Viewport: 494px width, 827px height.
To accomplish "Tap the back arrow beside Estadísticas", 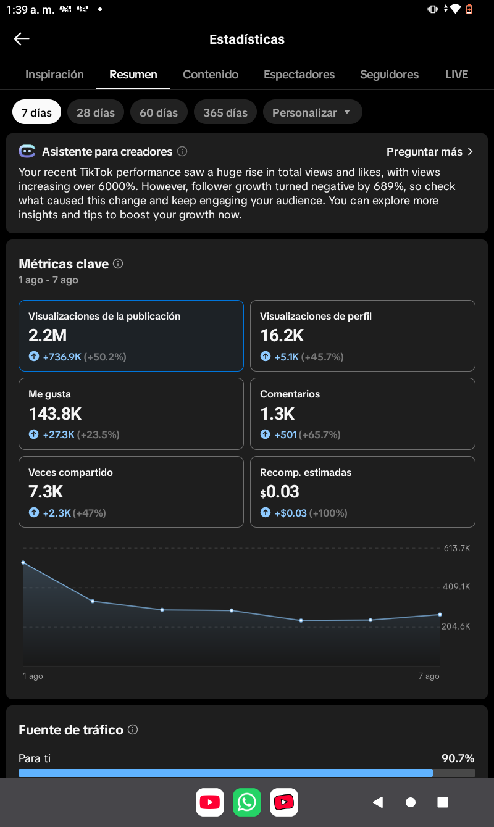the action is pyautogui.click(x=22, y=39).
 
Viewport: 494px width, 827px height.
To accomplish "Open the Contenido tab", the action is pyautogui.click(x=211, y=75).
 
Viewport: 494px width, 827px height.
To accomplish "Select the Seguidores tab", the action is pyautogui.click(x=390, y=75).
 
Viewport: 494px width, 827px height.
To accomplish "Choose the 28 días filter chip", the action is pyautogui.click(x=96, y=112).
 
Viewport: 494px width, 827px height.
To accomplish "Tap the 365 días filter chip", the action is pyautogui.click(x=225, y=112).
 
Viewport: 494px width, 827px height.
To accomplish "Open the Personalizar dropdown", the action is pyautogui.click(x=312, y=112).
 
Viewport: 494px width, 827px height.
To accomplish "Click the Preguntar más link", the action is pyautogui.click(x=429, y=152).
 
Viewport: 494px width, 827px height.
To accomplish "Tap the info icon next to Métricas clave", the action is pyautogui.click(x=118, y=264).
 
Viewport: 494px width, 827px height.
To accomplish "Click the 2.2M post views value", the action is pyautogui.click(x=48, y=336).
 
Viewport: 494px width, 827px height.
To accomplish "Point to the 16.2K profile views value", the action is pyautogui.click(x=282, y=336).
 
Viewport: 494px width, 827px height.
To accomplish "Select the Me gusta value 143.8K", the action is pyautogui.click(x=55, y=414).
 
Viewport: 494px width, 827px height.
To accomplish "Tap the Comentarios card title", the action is pyautogui.click(x=290, y=394).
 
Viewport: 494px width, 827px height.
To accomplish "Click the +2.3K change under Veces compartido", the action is pyautogui.click(x=57, y=513).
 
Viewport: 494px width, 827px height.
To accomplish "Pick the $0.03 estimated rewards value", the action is pyautogui.click(x=280, y=492).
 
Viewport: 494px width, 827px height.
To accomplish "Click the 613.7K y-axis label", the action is pyautogui.click(x=457, y=548).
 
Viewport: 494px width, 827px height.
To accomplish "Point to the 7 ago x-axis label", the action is pyautogui.click(x=429, y=676).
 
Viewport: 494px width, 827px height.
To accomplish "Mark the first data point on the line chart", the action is pyautogui.click(x=23, y=563).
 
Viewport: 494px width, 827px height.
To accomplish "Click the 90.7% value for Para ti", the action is pyautogui.click(x=458, y=758).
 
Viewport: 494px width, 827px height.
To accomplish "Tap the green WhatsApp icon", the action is pyautogui.click(x=247, y=802).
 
